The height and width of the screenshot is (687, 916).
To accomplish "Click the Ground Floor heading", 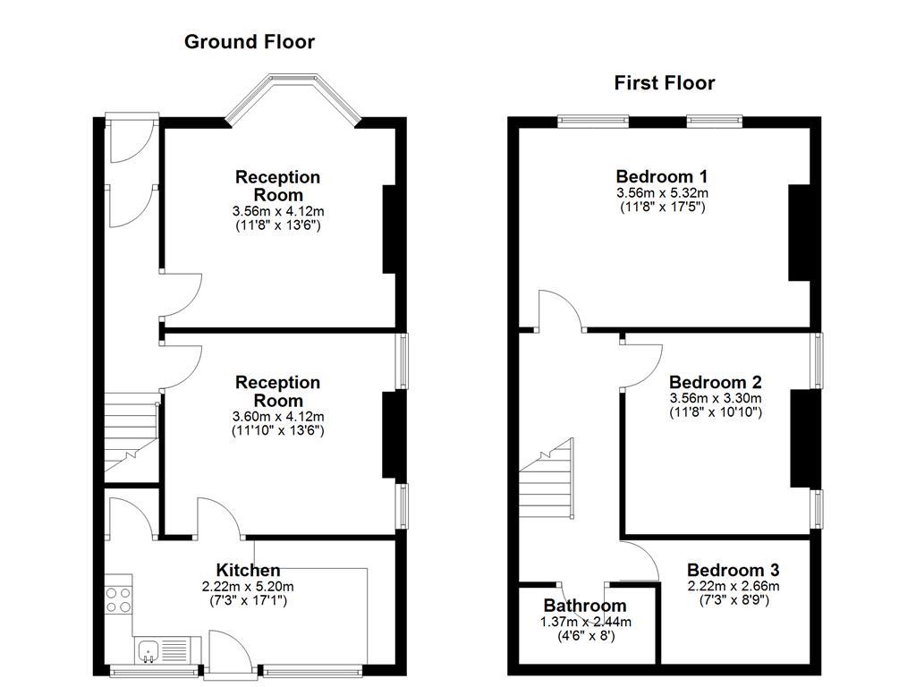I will click(249, 41).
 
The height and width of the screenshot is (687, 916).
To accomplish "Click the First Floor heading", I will click(664, 83).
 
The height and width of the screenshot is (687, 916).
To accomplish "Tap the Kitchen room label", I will click(248, 570).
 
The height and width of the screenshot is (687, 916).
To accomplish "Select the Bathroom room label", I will click(585, 606).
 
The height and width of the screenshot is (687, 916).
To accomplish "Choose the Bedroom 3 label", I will click(733, 570).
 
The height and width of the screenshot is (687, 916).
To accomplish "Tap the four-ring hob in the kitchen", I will click(118, 598).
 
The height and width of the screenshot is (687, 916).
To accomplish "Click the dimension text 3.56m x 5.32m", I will click(662, 193).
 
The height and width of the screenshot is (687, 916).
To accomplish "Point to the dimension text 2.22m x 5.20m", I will click(248, 587).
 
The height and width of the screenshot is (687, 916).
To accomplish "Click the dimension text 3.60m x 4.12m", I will click(277, 417).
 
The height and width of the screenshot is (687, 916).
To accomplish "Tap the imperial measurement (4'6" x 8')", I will click(585, 636).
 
